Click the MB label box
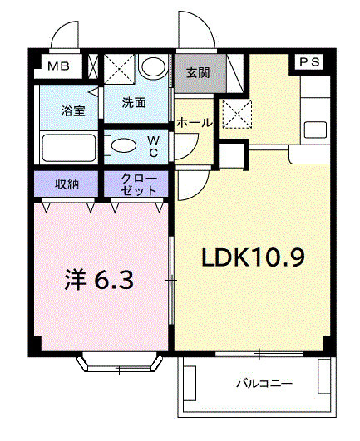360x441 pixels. [57, 66]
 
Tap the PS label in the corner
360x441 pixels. [308, 61]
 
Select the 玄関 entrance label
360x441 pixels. [198, 72]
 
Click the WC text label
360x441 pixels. [155, 145]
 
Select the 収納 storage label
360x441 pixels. [68, 183]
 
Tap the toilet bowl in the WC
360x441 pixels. [123, 146]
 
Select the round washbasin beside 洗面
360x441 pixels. [152, 66]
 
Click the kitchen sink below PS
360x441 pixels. [315, 130]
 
